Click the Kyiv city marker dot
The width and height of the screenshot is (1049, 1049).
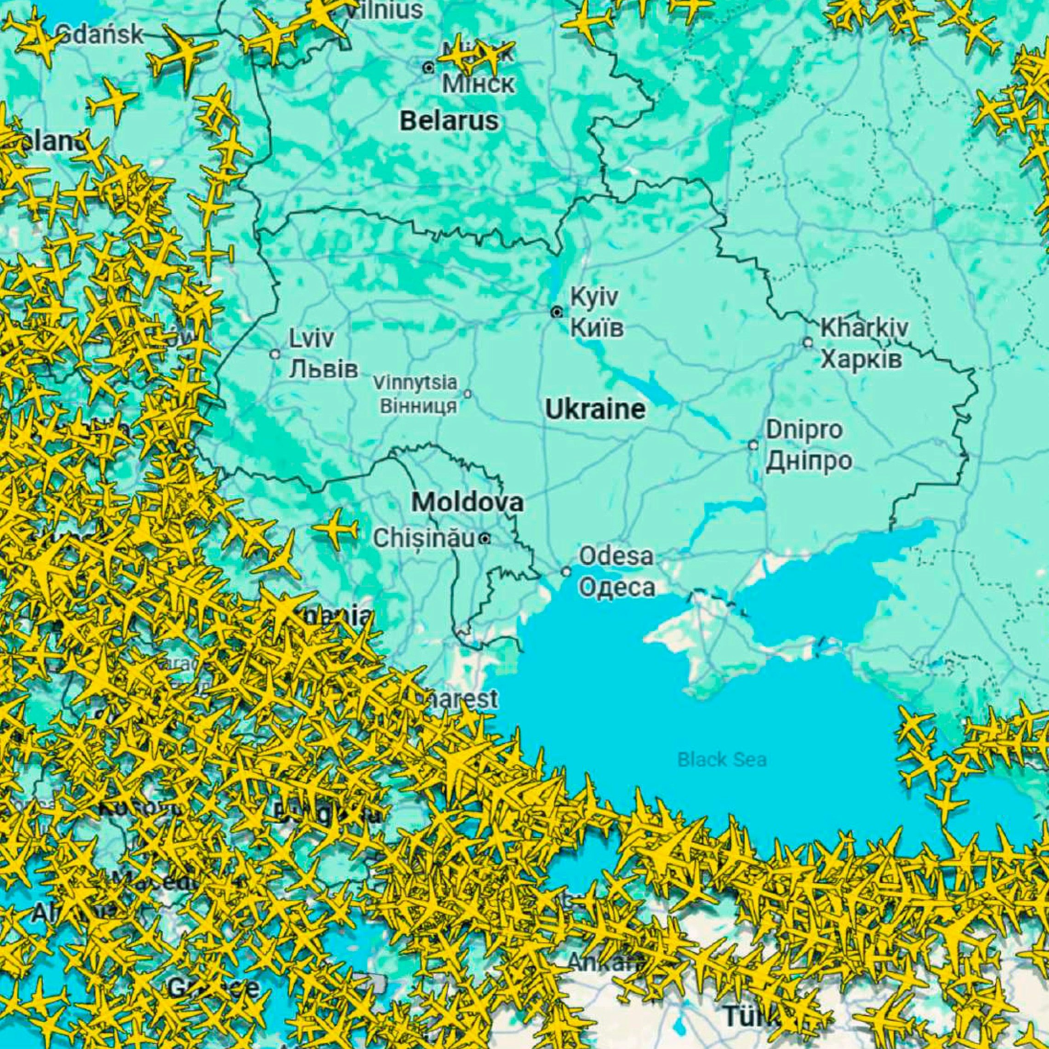(557, 312)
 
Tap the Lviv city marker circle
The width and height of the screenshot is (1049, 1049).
(275, 354)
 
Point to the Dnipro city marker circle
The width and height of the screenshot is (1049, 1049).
(753, 445)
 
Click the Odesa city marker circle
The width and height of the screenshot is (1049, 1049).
(566, 572)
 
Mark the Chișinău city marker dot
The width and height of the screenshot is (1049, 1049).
(485, 539)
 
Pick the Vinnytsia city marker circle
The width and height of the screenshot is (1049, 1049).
(467, 393)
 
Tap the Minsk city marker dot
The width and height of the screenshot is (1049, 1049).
(428, 68)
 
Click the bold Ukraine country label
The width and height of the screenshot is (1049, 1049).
(595, 410)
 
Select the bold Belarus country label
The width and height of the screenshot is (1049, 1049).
(449, 120)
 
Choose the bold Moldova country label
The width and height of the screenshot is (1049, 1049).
(467, 502)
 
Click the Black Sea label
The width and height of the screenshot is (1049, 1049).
(722, 759)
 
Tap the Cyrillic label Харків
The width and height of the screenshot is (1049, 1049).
(861, 359)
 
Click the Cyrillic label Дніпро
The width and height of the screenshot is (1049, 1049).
(809, 461)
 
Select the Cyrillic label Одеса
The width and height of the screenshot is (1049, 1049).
(617, 588)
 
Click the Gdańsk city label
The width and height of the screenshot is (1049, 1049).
(101, 35)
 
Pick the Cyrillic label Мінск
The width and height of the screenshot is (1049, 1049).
(478, 84)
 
